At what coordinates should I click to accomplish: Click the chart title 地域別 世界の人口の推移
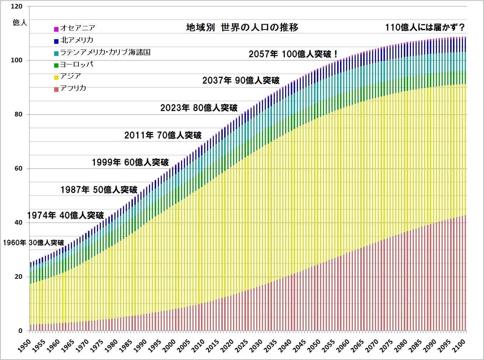point(242,27)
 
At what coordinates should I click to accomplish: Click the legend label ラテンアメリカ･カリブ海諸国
point(105,52)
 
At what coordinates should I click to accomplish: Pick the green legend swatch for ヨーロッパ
point(56,66)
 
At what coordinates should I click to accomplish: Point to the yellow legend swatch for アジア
point(56,77)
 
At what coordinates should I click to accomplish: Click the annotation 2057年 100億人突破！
point(293,54)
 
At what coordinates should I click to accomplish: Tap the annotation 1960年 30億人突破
point(34,243)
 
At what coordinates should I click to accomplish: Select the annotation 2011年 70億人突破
point(163,135)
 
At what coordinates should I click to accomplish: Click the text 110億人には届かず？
point(425,27)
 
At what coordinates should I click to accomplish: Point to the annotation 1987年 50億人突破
point(99,190)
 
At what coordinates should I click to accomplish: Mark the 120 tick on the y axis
point(16,6)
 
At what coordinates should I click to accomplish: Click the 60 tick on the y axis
point(18,168)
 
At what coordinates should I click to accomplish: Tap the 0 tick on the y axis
point(20,331)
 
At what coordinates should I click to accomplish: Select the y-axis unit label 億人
point(20,23)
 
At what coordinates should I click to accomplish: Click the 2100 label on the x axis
point(459,345)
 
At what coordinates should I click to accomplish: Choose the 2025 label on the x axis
point(242,346)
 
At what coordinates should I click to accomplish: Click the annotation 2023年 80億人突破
point(199,108)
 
